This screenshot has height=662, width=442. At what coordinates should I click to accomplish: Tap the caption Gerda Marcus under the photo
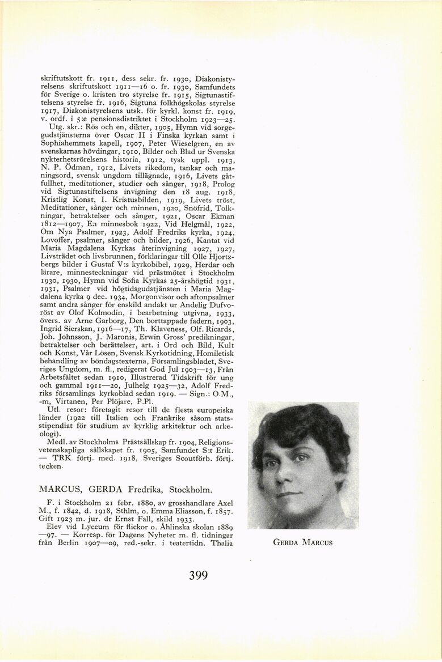click(302, 542)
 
